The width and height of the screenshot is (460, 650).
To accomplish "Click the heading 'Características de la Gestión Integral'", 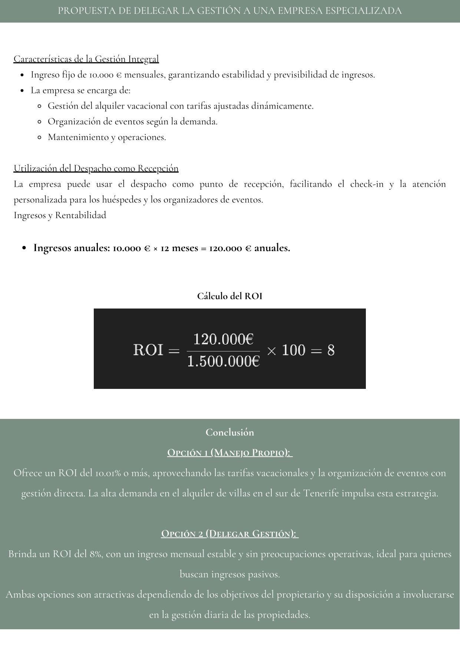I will pyautogui.click(x=86, y=59).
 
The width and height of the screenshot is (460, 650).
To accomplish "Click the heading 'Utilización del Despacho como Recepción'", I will pyautogui.click(x=96, y=169).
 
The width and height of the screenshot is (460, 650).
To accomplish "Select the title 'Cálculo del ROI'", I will pyautogui.click(x=229, y=296).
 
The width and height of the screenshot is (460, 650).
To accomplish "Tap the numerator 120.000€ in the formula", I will pyautogui.click(x=223, y=339).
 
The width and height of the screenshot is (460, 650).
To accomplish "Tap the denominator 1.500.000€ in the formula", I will pyautogui.click(x=223, y=361).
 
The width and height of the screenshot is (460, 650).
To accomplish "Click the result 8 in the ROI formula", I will pyautogui.click(x=331, y=350).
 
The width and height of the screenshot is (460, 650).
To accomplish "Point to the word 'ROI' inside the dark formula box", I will pyautogui.click(x=148, y=350).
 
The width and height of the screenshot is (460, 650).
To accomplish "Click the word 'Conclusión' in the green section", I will pyautogui.click(x=230, y=433).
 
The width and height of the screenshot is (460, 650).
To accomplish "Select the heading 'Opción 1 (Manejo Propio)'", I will pyautogui.click(x=230, y=453).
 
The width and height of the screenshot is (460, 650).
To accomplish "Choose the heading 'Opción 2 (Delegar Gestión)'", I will pyautogui.click(x=230, y=534).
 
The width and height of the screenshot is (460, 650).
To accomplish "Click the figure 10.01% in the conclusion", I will pyautogui.click(x=108, y=473).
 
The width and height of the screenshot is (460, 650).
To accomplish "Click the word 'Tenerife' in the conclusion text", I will pyautogui.click(x=320, y=494).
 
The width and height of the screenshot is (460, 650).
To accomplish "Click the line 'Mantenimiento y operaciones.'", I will pyautogui.click(x=107, y=137).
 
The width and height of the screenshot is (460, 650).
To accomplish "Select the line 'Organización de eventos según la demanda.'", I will pyautogui.click(x=132, y=122).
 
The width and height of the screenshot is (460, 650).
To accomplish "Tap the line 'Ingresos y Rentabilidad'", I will pyautogui.click(x=60, y=216).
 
